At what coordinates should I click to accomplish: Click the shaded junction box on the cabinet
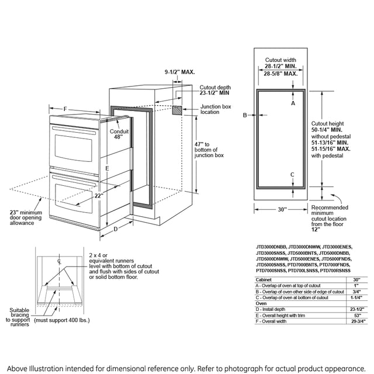pos(178,110)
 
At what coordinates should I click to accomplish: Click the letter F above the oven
pos(65,109)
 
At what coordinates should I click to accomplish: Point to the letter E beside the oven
pos(107,168)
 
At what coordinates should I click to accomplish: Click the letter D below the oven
pos(115,229)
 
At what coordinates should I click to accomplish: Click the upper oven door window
pos(74,144)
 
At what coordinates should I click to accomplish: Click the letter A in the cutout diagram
pos(293,102)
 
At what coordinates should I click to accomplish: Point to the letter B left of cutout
pos(245,115)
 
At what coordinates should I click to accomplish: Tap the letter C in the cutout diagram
pos(292,174)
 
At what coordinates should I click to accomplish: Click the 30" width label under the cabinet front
pos(282,209)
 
